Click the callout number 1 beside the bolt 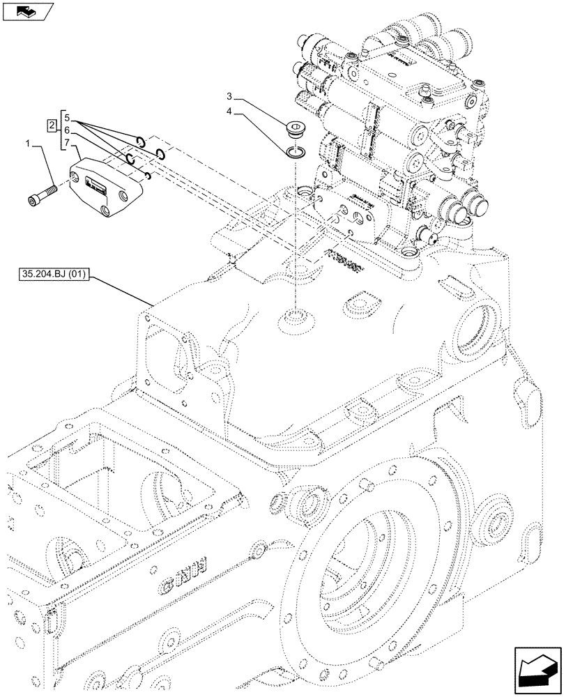tap(27, 144)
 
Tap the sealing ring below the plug tap(296, 150)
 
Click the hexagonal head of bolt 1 tap(35, 201)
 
